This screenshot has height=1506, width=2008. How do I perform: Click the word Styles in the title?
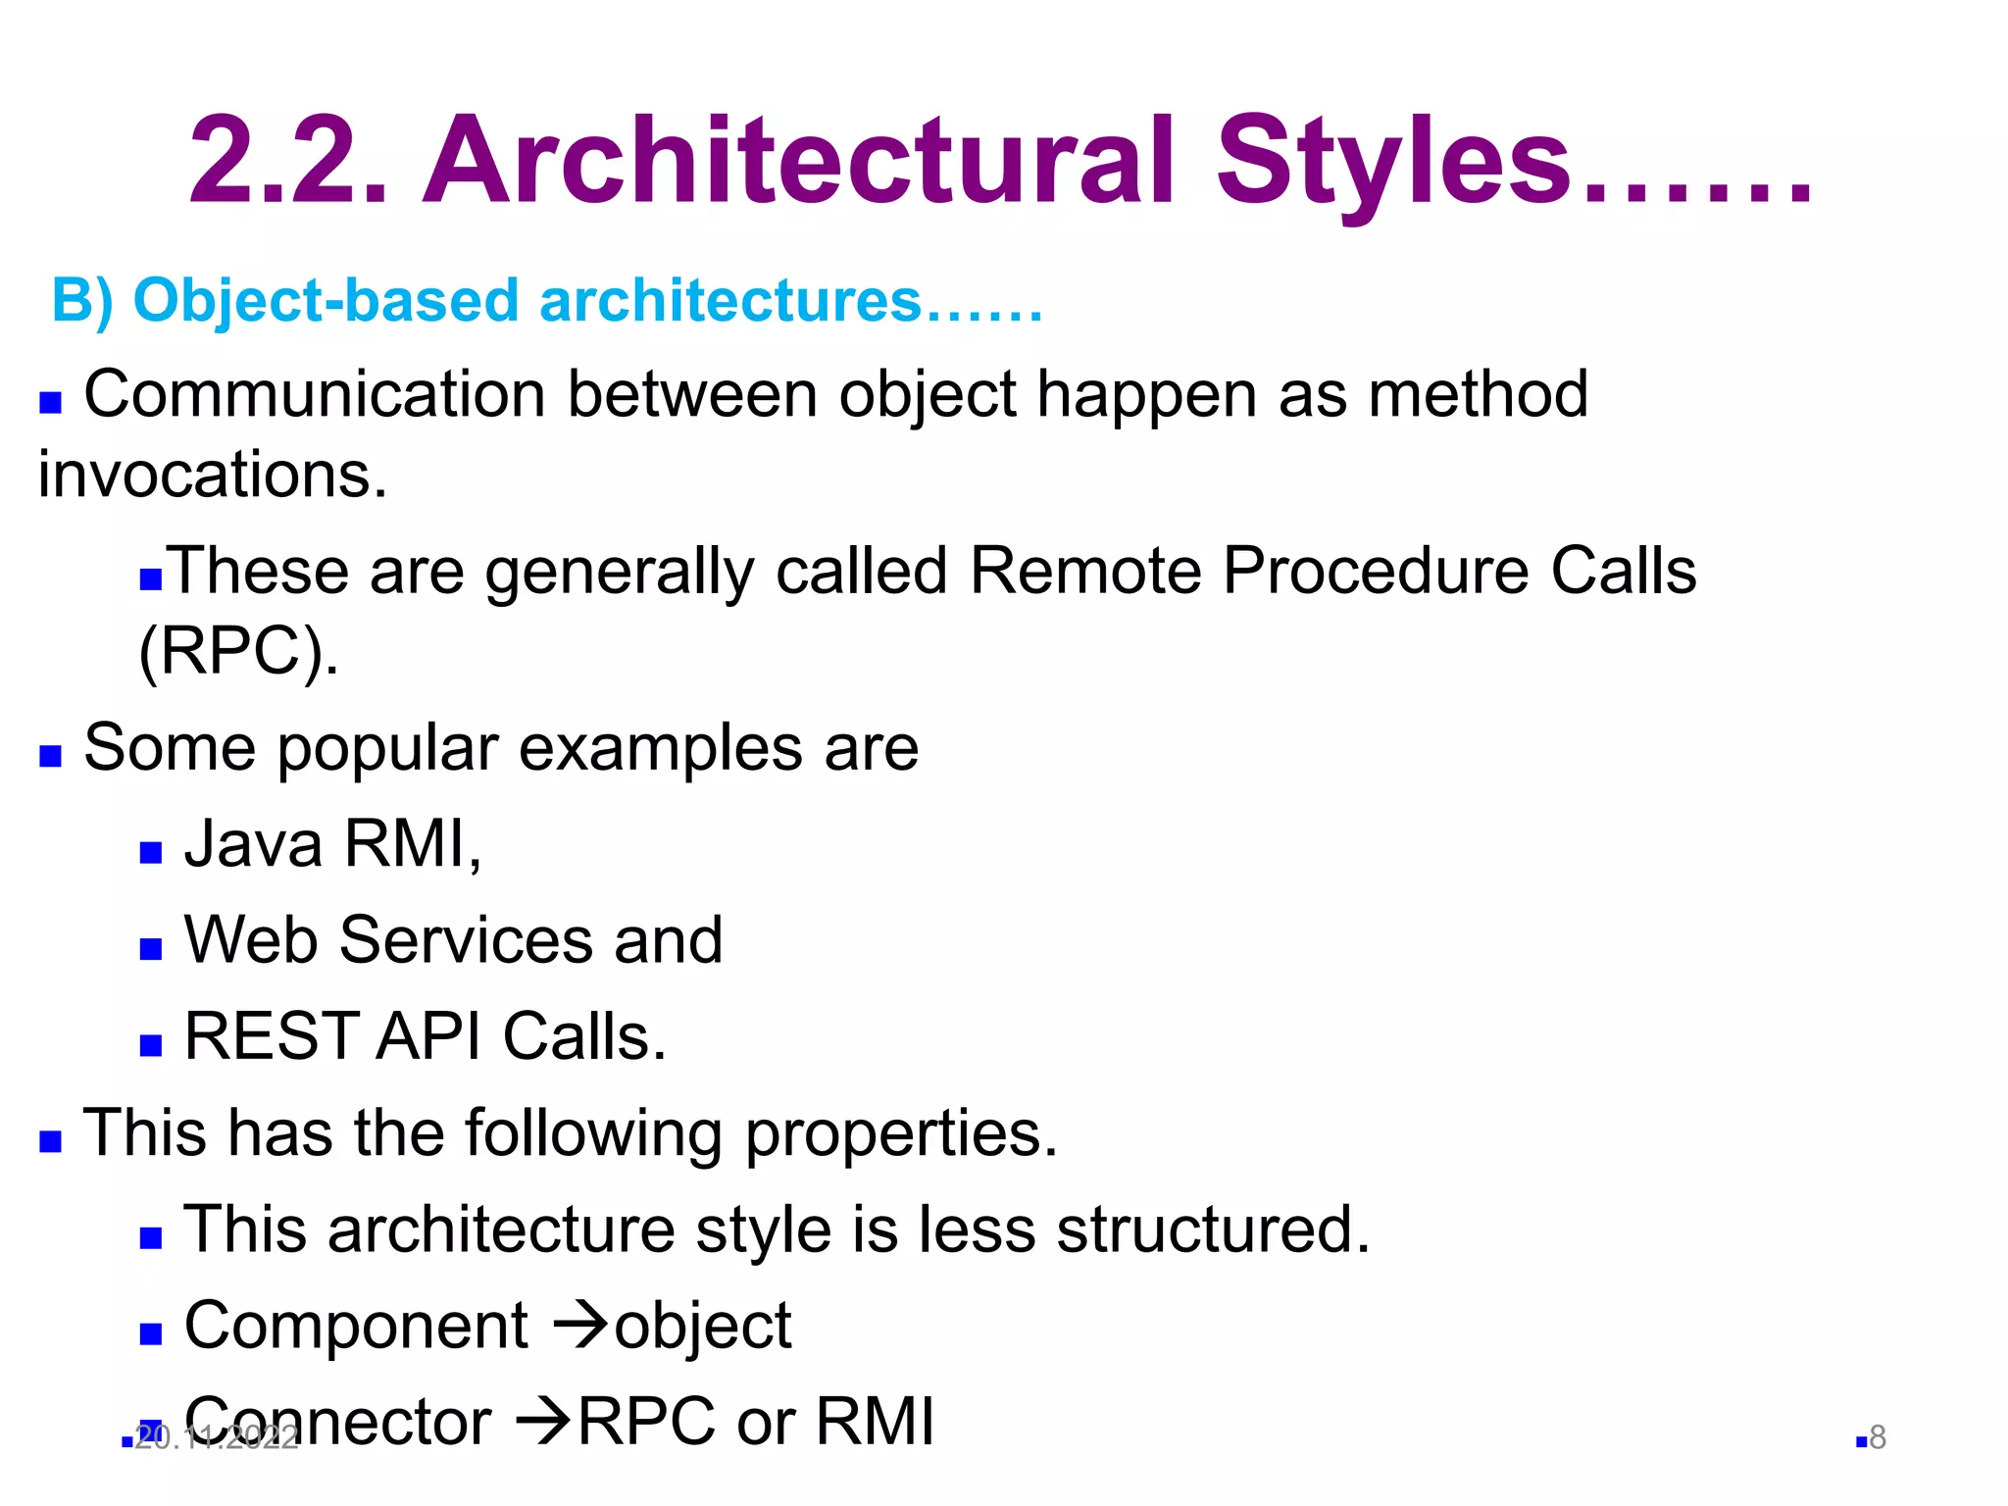pos(1392,162)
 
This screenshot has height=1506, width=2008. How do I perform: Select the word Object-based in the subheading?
pos(325,300)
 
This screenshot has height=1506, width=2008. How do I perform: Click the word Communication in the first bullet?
pos(314,395)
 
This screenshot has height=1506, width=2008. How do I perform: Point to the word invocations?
pos(212,475)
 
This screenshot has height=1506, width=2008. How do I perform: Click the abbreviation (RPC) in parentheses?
pos(238,651)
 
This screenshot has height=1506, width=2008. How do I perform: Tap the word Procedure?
pos(1376,571)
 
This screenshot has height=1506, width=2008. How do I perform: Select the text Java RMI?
pos(332,843)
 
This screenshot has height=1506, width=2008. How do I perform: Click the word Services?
pos(466,940)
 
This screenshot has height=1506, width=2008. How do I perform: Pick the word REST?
pos(270,1036)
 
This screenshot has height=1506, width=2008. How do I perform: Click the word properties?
pos(901,1134)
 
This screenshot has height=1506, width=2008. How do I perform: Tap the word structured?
pos(1212,1230)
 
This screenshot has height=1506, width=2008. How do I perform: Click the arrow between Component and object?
pos(580,1326)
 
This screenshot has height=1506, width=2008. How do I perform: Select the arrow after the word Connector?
pos(543,1422)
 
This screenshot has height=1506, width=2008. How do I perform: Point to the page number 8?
pos(1878,1437)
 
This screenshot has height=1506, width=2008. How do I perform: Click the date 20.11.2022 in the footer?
pos(217,1438)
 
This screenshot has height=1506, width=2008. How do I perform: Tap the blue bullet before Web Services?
pos(150,948)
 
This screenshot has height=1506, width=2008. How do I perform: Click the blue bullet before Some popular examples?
pos(50,756)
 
